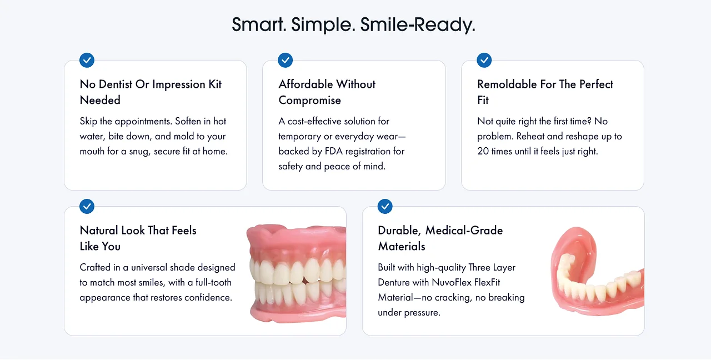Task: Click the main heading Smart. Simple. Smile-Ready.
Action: point(353,25)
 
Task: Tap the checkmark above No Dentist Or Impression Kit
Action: point(87,60)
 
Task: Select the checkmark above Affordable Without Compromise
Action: point(285,60)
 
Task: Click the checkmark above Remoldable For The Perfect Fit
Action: point(484,60)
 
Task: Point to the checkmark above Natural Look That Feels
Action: point(87,206)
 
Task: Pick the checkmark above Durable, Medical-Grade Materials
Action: point(385,206)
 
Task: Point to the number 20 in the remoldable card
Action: point(483,151)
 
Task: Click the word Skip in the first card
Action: point(89,121)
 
